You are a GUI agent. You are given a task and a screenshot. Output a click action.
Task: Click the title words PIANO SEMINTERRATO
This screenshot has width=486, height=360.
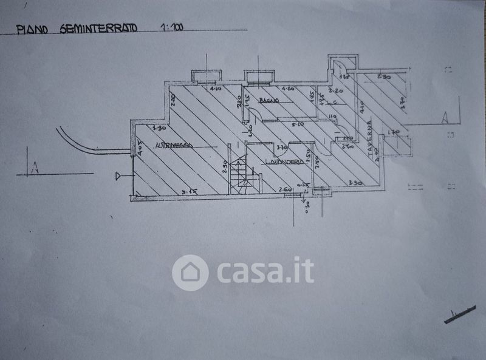click(x=77, y=28)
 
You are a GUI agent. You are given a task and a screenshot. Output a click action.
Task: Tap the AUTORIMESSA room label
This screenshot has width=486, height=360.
click(x=174, y=145)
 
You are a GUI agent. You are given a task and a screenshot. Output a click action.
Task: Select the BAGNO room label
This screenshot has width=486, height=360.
click(x=268, y=100)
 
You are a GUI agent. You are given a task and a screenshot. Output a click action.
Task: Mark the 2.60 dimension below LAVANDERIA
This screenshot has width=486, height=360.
click(x=286, y=190)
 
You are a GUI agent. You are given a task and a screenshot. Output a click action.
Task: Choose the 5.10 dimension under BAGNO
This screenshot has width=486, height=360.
click(x=298, y=124)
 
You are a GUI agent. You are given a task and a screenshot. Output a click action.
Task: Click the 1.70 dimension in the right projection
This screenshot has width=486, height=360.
click(x=393, y=132)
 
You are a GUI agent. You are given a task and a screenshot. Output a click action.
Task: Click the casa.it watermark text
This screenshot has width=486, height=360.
click(x=265, y=271)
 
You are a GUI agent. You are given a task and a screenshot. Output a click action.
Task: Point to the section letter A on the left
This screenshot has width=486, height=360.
click(x=35, y=168)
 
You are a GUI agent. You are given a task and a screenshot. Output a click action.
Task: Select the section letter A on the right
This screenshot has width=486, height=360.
click(x=445, y=117)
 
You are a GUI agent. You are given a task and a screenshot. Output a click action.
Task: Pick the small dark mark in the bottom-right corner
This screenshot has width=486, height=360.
click(x=460, y=314)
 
